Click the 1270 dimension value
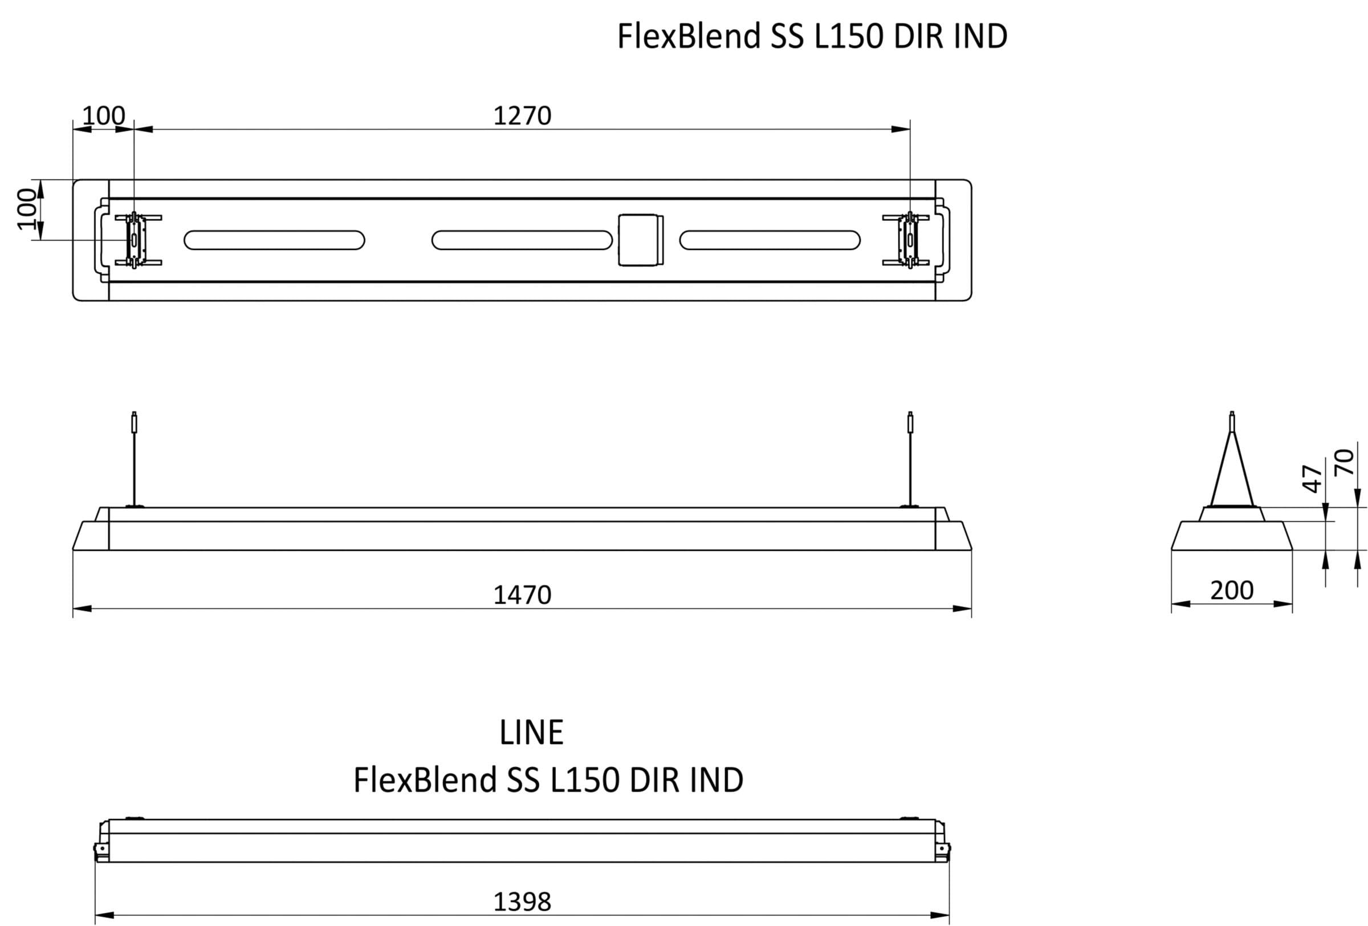coord(522,116)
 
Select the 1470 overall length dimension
coord(522,595)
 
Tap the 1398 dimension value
coord(522,902)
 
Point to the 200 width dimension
coord(1231,591)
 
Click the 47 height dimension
coord(1312,478)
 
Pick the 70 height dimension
coord(1345,462)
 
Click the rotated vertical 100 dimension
coord(26,209)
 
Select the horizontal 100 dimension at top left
coord(104,116)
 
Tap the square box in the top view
coord(641,240)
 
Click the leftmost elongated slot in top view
coord(274,240)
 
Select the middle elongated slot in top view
coord(522,240)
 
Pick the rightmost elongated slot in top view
coord(770,240)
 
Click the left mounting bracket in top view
coord(136,240)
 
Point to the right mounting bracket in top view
coord(908,240)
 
